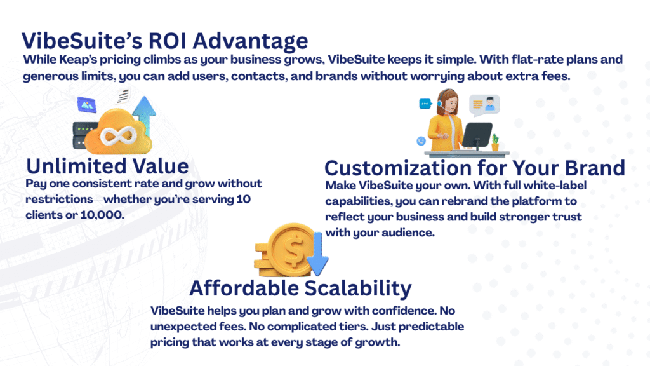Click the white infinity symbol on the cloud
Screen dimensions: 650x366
(119, 135)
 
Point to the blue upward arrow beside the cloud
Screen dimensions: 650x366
(145, 114)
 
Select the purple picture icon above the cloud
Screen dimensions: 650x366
(86, 105)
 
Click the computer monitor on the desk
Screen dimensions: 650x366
(477, 135)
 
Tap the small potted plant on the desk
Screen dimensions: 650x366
(495, 142)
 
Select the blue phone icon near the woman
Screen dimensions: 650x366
(421, 141)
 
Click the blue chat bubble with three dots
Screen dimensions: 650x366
(425, 104)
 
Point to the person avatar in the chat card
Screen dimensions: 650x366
(490, 104)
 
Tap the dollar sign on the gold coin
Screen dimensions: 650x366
(293, 251)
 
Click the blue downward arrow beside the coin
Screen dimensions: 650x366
(318, 254)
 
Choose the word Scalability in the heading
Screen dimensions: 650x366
(358, 288)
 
